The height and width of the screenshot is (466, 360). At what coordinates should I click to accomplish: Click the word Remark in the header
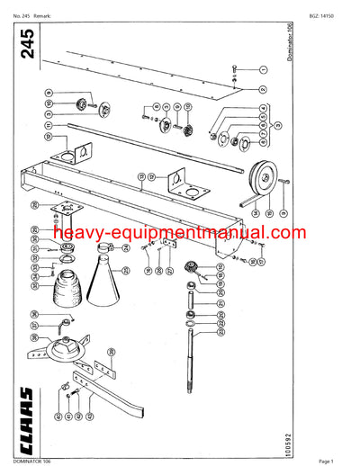click(49, 9)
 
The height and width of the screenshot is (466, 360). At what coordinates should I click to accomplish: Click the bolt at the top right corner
click(234, 69)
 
